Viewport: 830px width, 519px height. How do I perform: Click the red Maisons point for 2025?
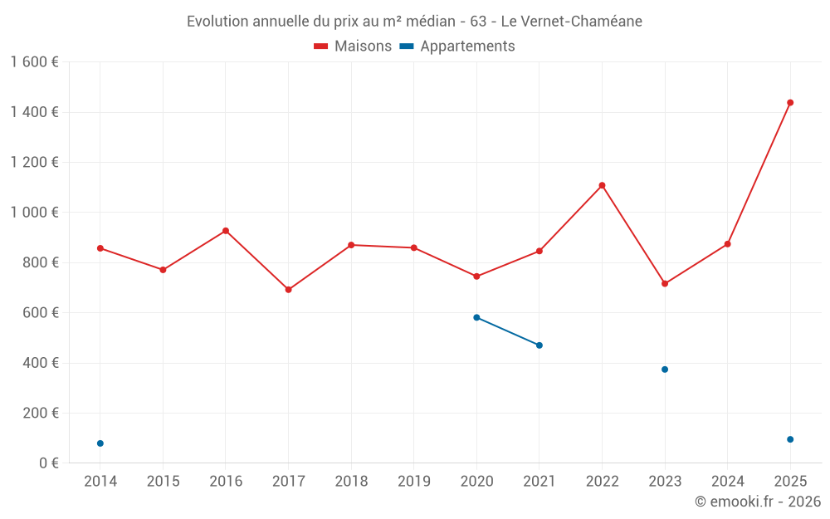coord(790,103)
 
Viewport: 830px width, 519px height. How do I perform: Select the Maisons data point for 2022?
coord(602,185)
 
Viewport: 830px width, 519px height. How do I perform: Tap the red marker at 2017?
coord(288,290)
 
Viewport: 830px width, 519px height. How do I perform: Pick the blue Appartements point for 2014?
coord(100,443)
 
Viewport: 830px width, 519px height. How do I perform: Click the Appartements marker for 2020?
coord(476,317)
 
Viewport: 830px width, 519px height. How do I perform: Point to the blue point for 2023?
coord(665,370)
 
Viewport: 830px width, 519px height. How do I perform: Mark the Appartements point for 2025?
coord(790,439)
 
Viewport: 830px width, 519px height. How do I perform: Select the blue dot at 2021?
coord(539,345)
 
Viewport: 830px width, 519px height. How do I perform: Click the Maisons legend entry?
coord(353,47)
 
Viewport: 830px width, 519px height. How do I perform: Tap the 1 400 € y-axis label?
coord(34,112)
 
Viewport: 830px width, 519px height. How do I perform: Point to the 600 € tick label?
coord(41,313)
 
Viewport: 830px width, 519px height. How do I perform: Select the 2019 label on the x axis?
coord(413,482)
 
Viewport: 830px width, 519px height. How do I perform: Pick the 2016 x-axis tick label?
coord(226,482)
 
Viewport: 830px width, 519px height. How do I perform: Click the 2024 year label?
coord(727,482)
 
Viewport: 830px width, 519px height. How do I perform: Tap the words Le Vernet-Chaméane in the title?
coord(571,22)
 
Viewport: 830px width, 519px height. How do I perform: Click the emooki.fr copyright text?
coord(757,502)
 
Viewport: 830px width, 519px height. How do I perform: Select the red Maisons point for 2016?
coord(226,231)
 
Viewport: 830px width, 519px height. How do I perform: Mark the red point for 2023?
coord(665,284)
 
